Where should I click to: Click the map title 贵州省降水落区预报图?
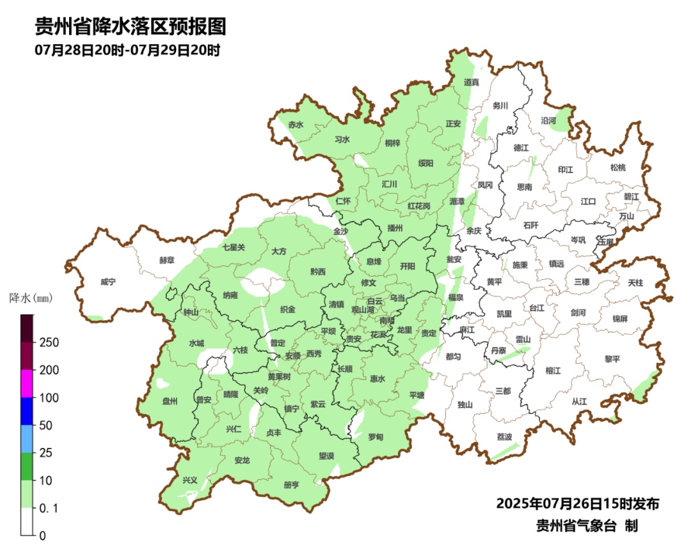click(x=131, y=27)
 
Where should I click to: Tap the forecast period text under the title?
click(x=127, y=50)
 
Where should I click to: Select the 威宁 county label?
click(x=109, y=282)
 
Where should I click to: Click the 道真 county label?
click(x=472, y=82)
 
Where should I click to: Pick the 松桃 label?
click(x=617, y=167)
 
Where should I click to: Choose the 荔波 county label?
click(x=504, y=437)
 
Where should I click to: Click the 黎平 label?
click(x=612, y=359)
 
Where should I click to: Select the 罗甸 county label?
click(x=376, y=437)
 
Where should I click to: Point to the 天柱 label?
click(x=635, y=282)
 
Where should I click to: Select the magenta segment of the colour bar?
click(x=26, y=383)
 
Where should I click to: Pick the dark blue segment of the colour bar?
click(x=26, y=411)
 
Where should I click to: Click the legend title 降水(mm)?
click(x=30, y=298)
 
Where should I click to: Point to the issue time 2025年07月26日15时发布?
click(x=577, y=504)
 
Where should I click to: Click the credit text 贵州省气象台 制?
click(x=586, y=526)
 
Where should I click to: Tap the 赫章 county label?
click(x=166, y=261)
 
